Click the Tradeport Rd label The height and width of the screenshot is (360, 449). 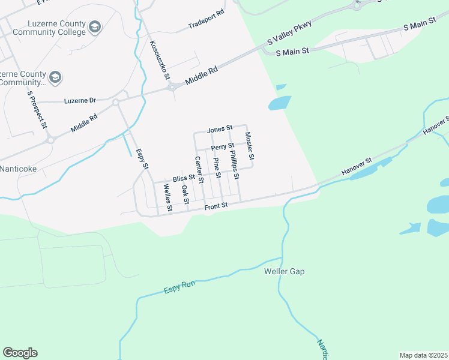(206, 26)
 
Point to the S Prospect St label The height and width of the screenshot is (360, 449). (37, 109)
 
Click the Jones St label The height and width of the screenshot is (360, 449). (219, 130)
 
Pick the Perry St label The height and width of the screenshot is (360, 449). (222, 146)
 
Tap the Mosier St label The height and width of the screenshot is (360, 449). (250, 146)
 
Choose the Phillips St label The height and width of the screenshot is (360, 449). (235, 164)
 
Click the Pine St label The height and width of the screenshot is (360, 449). (217, 167)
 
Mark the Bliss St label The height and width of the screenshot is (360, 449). (184, 178)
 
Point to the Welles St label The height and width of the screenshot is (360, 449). (168, 197)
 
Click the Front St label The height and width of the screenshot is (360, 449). (216, 206)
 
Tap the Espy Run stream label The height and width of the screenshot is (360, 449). (180, 288)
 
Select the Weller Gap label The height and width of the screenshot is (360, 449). (285, 272)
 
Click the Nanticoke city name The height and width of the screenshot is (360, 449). (18, 169)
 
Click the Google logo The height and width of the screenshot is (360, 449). (20, 353)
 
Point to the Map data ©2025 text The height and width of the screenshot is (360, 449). (423, 355)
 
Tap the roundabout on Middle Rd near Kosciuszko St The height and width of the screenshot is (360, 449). (172, 88)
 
